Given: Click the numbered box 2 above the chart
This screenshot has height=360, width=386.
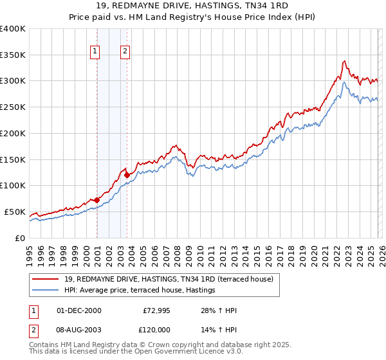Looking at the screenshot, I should pyautogui.click(x=125, y=52).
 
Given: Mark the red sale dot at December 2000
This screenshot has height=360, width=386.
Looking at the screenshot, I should pyautogui.click(x=96, y=199).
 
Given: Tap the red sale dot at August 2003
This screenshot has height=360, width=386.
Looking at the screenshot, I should pyautogui.click(x=127, y=174).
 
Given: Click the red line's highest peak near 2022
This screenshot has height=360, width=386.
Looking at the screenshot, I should pyautogui.click(x=345, y=61).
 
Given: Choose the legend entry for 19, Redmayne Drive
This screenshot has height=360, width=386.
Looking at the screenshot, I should pyautogui.click(x=169, y=279).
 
